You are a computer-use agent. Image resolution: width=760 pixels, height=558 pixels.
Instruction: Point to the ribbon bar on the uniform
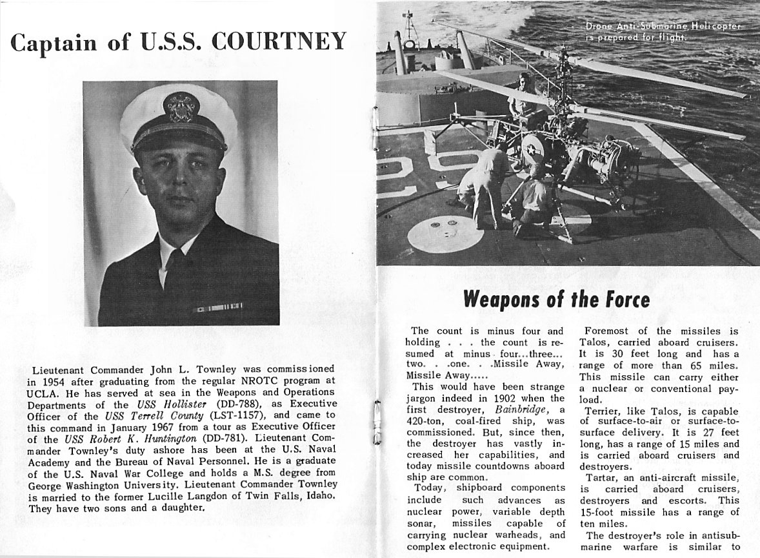click(218, 306)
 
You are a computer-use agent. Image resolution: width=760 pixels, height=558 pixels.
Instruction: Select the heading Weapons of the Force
click(556, 300)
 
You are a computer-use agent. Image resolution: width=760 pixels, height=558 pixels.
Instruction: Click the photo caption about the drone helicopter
click(663, 32)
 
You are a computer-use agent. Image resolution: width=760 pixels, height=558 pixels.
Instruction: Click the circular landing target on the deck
click(445, 233)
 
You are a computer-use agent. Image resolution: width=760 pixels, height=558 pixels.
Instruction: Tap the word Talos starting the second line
click(595, 342)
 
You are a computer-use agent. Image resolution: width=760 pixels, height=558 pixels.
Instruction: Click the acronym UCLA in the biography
click(44, 392)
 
